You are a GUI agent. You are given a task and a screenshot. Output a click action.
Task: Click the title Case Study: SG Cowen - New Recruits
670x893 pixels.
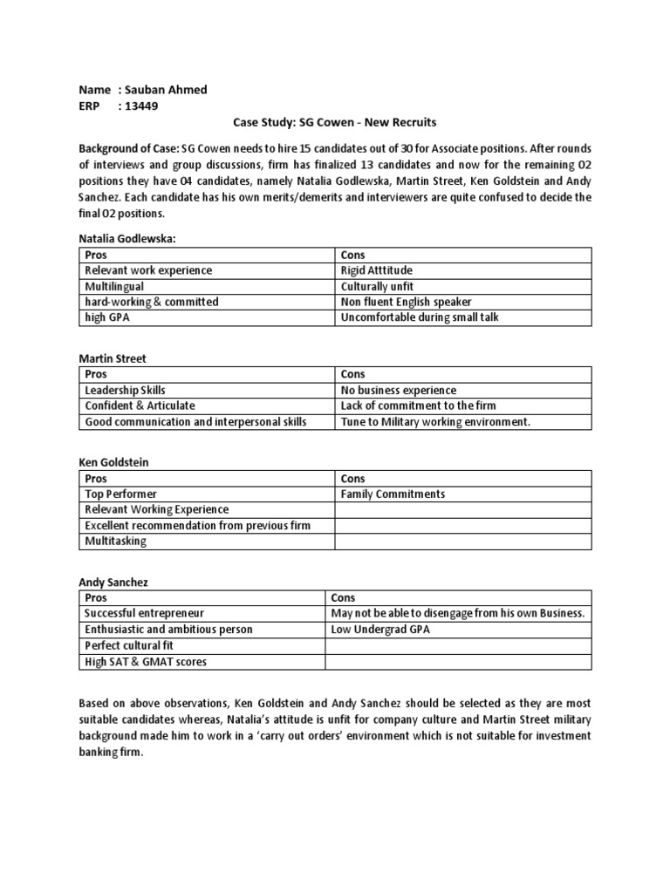335,123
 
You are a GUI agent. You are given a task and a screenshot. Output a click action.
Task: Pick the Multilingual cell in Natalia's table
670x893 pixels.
114,286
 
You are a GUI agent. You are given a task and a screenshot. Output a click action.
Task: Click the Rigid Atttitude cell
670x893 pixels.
378,270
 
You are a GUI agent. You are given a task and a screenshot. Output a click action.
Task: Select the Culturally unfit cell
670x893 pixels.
377,286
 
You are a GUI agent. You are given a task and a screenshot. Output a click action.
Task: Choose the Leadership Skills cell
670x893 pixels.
125,390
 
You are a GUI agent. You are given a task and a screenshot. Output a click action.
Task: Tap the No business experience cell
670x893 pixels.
398,390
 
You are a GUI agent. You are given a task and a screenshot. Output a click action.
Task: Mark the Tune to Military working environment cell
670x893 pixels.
435,422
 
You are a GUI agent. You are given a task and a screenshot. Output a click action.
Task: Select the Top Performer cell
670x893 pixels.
120,494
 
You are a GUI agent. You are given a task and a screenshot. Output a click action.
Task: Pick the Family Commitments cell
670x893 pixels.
393,494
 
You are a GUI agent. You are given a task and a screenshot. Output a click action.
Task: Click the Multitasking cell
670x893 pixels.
115,541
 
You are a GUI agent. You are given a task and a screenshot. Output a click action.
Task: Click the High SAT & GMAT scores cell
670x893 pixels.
145,661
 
